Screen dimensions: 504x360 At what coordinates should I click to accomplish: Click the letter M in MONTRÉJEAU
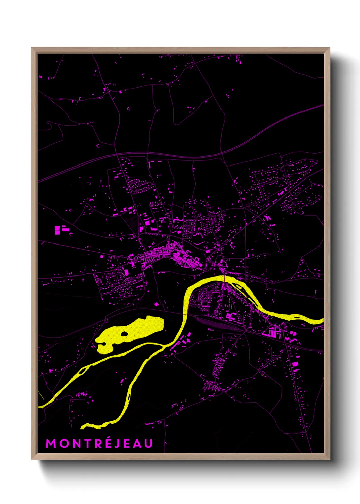[50, 443]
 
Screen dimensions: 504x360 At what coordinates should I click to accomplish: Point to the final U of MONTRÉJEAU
[148, 443]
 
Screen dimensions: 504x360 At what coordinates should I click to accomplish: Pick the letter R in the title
[97, 443]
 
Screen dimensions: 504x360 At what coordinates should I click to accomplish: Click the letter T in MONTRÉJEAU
[86, 443]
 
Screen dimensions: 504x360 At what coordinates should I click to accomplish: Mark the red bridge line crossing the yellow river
[224, 279]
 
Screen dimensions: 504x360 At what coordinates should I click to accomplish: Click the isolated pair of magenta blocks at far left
[61, 230]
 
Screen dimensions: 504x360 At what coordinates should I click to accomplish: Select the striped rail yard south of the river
[218, 324]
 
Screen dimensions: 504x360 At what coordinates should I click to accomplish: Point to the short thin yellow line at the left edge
[41, 395]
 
